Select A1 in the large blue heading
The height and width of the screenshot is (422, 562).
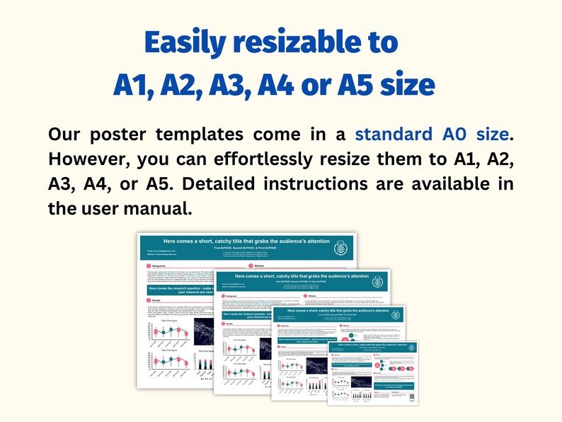pyautogui.click(x=133, y=85)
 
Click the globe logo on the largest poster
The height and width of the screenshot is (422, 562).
pyautogui.click(x=341, y=248)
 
